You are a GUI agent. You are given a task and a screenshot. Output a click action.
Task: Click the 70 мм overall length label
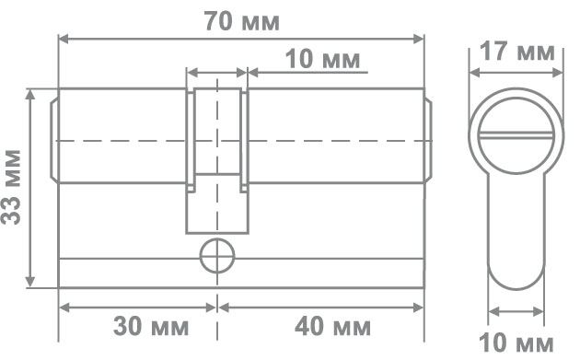pyautogui.click(x=242, y=21)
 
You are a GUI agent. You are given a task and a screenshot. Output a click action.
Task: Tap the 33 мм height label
pyautogui.click(x=11, y=187)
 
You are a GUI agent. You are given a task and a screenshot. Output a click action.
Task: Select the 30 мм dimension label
pyautogui.click(x=151, y=326)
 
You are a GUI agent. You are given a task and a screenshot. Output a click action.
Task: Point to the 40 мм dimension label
pyautogui.click(x=332, y=326)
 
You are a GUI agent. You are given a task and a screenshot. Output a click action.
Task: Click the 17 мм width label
pyautogui.click(x=517, y=52)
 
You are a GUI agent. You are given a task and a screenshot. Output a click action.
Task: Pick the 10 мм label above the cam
pyautogui.click(x=322, y=59)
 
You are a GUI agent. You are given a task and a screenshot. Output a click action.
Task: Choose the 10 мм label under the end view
pyautogui.click(x=516, y=343)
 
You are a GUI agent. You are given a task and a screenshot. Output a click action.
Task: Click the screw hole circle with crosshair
pyautogui.click(x=217, y=256)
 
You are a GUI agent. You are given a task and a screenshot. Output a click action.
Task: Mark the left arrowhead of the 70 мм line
pyautogui.click(x=64, y=39)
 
